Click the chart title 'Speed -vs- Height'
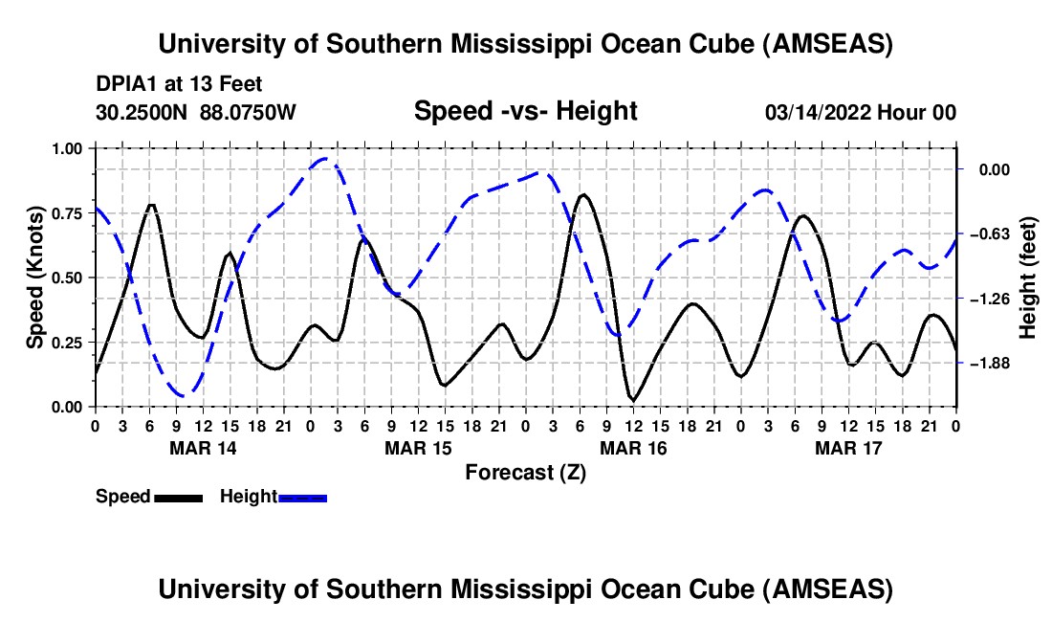coord(525,111)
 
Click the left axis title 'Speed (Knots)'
coord(35,278)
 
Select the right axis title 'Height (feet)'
coord(1029,278)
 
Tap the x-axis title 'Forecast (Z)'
coord(525,472)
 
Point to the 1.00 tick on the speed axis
coord(68,148)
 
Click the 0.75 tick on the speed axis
coord(68,213)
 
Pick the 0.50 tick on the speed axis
coord(68,278)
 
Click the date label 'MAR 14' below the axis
coord(202,448)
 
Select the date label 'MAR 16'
coord(632,448)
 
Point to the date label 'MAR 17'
coord(847,448)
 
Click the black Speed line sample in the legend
coord(178,498)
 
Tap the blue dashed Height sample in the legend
coord(303,498)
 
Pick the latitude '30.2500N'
coord(142,112)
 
